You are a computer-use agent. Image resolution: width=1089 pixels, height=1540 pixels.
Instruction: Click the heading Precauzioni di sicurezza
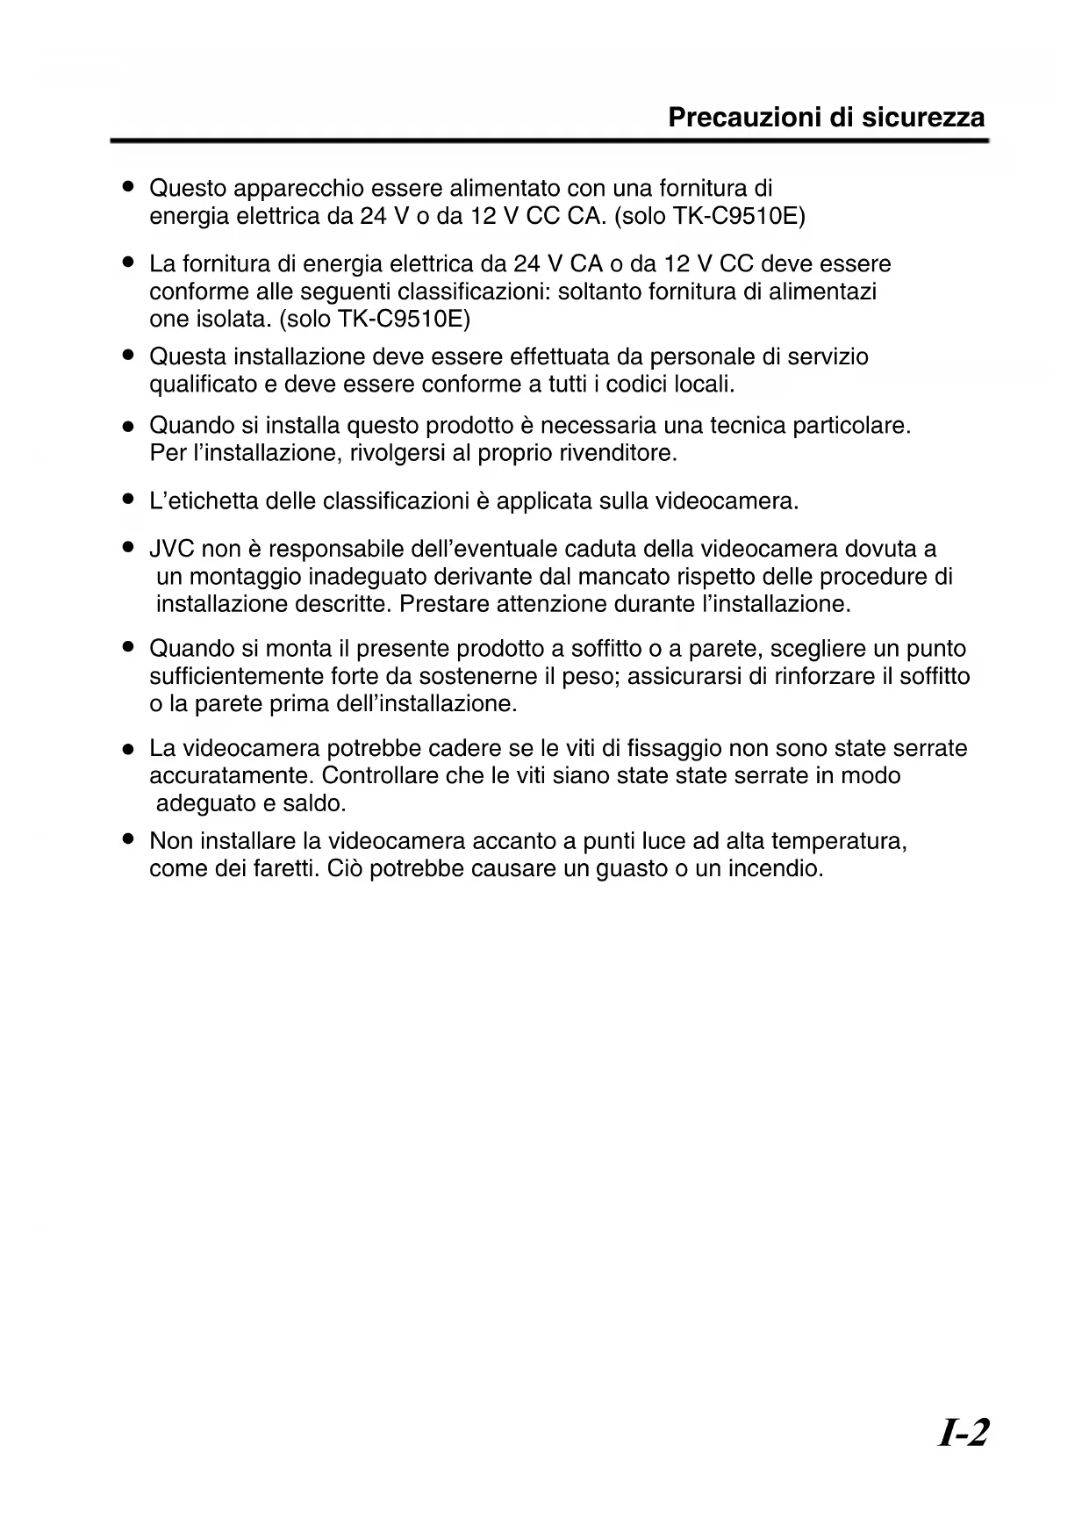click(x=826, y=118)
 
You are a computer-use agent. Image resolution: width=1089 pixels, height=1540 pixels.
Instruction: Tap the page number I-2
click(x=964, y=1434)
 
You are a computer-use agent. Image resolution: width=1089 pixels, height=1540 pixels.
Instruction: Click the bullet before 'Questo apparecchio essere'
click(x=128, y=187)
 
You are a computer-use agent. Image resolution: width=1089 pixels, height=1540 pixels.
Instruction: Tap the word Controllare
click(x=380, y=776)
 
